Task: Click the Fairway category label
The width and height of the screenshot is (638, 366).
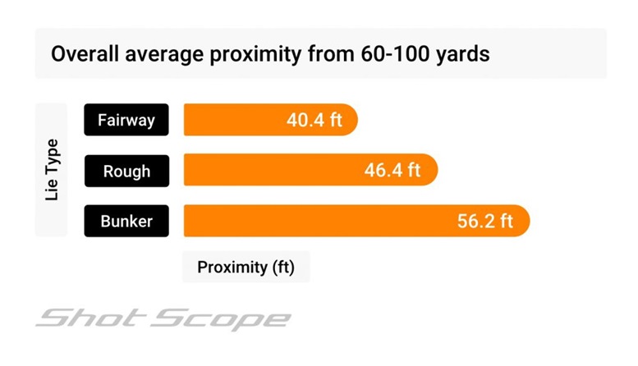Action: [126, 121]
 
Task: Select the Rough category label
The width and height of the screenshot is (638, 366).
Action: [126, 171]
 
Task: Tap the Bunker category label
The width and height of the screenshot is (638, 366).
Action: [126, 221]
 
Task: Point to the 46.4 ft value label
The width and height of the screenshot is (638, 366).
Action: [392, 171]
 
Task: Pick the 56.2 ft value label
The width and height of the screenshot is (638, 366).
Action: [484, 221]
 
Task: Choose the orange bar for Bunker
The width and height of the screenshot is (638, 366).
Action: [312, 221]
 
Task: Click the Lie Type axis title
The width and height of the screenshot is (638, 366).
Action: [51, 171]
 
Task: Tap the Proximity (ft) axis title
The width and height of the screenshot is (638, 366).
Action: [246, 268]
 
